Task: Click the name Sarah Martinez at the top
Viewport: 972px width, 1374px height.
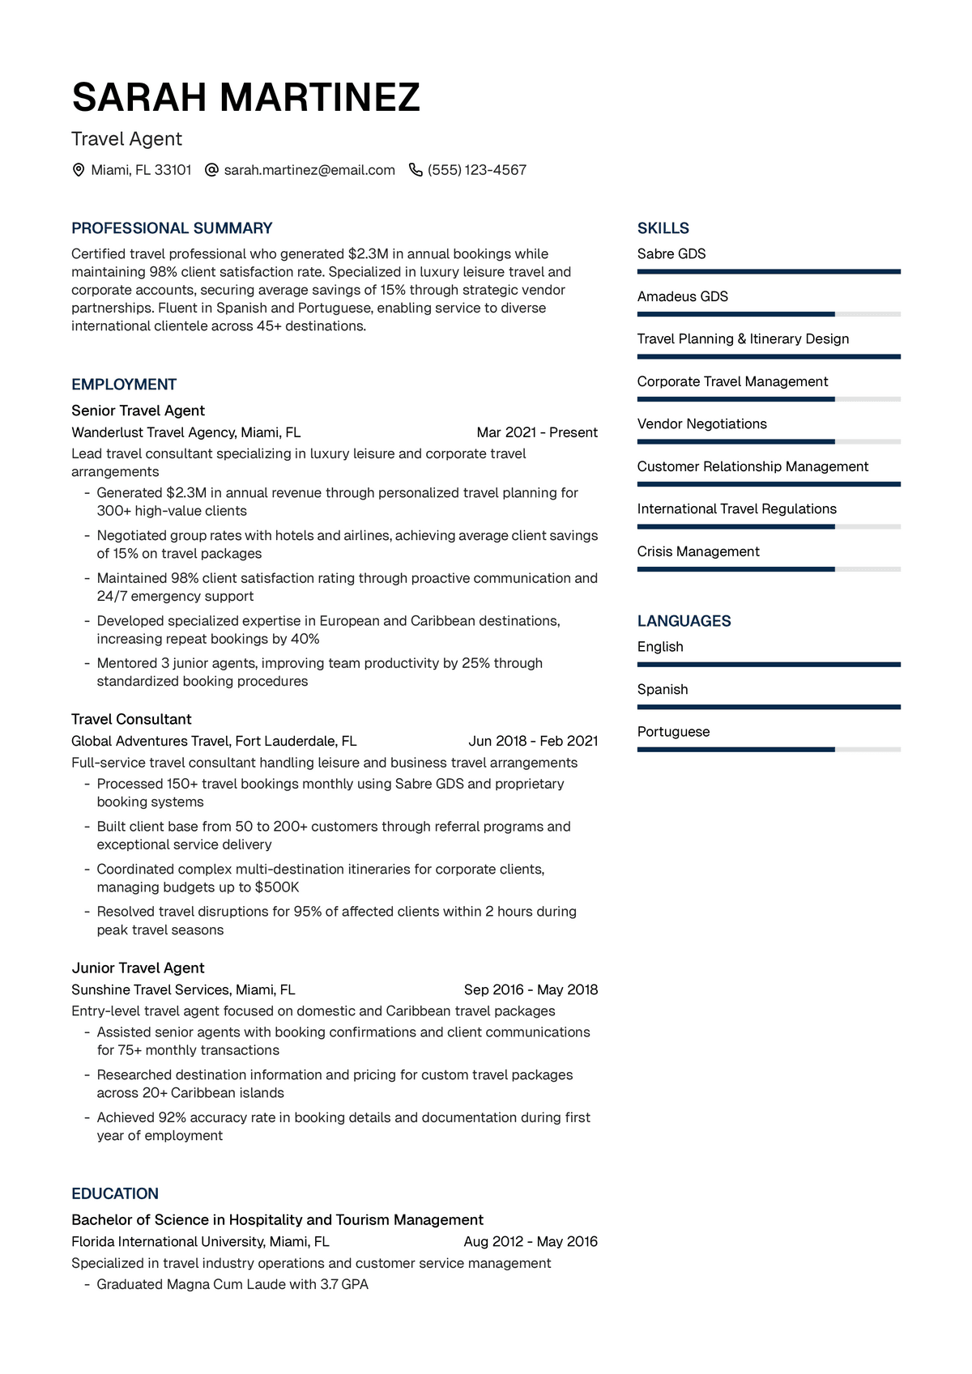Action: tap(245, 98)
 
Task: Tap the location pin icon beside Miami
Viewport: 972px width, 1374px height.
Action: tap(79, 170)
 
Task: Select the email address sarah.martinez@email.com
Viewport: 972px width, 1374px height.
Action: tap(309, 170)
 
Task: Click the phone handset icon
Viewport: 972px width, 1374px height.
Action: tap(416, 170)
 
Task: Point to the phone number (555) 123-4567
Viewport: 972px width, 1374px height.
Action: tap(477, 170)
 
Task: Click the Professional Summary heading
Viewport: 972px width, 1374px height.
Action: tap(172, 228)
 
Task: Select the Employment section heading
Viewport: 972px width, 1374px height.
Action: tap(124, 385)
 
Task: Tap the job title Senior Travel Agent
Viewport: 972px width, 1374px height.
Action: tap(138, 410)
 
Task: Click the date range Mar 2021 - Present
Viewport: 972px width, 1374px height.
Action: tap(537, 432)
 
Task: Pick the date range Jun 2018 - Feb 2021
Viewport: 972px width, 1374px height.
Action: tap(533, 741)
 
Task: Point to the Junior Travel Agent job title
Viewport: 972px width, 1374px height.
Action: tap(138, 968)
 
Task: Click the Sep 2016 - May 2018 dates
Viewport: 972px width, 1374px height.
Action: tap(531, 989)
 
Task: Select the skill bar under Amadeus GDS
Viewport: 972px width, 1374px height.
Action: tap(768, 314)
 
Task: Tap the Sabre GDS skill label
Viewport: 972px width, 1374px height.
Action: tap(671, 254)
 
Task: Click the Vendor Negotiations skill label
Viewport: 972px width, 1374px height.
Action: tap(701, 424)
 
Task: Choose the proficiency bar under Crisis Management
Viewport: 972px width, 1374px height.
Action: tap(768, 569)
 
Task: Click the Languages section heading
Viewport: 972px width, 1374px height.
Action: tap(684, 621)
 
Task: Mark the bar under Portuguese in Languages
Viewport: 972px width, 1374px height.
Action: tap(768, 750)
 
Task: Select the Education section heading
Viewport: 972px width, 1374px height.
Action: tap(115, 1193)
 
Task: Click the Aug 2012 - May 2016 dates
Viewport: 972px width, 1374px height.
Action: tap(531, 1241)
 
